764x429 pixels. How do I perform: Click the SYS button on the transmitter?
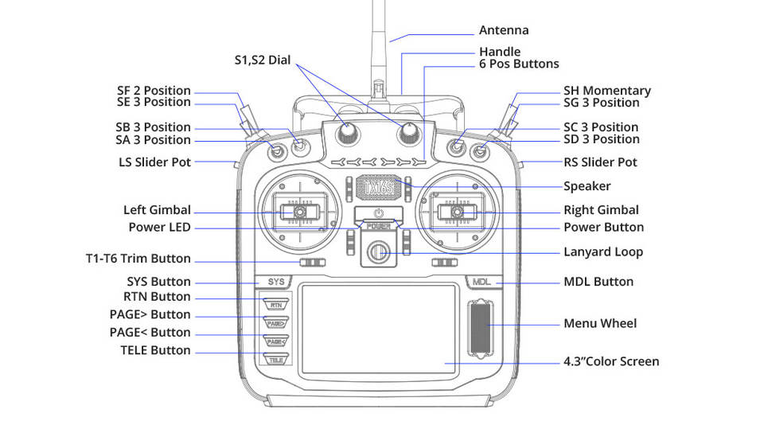tap(275, 282)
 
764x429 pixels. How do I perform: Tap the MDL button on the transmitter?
tap(482, 282)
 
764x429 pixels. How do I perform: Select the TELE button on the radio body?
tap(276, 359)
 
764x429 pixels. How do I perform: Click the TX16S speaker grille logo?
tap(379, 187)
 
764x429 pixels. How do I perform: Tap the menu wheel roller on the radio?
tap(481, 328)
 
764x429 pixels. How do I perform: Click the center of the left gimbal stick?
tap(300, 212)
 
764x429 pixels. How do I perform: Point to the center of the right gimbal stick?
tap(457, 212)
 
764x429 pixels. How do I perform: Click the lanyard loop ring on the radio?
tap(377, 252)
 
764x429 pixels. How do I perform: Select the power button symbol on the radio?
tap(379, 213)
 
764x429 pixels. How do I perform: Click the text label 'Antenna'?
tap(504, 30)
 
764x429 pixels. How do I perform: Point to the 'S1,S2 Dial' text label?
tap(262, 60)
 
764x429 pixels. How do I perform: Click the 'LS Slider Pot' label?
tap(155, 162)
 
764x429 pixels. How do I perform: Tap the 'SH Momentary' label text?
tap(607, 91)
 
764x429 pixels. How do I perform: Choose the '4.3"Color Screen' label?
tap(611, 361)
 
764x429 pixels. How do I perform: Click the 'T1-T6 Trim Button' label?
tap(138, 259)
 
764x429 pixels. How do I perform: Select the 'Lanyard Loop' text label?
tap(603, 252)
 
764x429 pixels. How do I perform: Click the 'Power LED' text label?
tap(160, 227)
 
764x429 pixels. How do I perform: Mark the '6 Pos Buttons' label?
tap(519, 64)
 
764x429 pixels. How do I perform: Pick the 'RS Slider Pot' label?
tap(600, 162)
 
